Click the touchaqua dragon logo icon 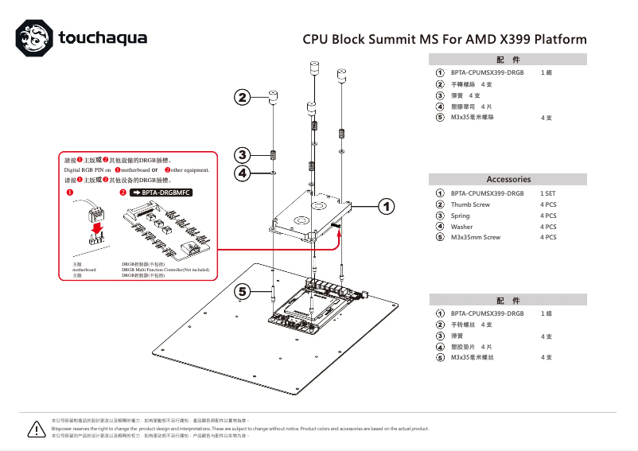coord(36,37)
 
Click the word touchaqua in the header coord(102,37)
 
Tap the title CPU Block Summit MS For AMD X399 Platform coord(445,39)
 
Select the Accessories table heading coord(508,179)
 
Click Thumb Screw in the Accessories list coord(470,204)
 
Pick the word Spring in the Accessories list coord(460,216)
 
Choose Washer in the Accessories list coord(461,227)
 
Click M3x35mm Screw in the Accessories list coord(475,237)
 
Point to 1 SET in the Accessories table coord(548,193)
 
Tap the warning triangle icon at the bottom coord(36,430)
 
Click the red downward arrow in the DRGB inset coord(97,229)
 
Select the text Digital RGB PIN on coord(87,170)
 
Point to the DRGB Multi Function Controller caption coord(165,270)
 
